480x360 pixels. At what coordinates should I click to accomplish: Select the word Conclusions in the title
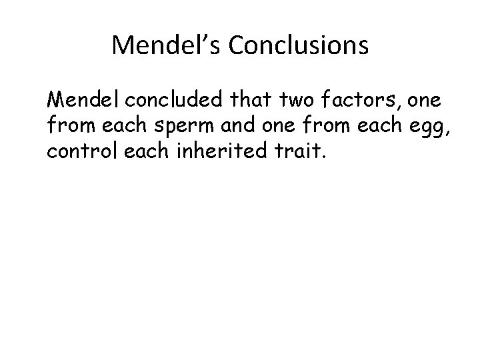tap(299, 45)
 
